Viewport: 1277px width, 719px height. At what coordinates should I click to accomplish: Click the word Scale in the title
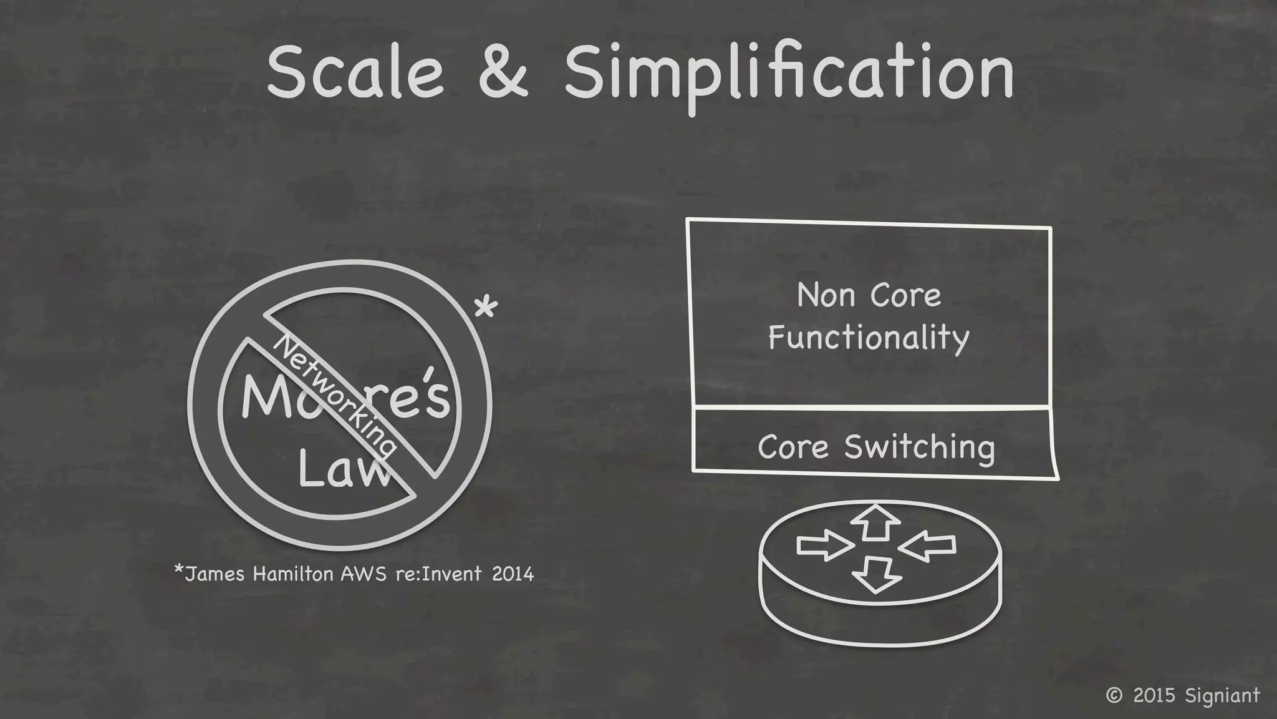point(355,74)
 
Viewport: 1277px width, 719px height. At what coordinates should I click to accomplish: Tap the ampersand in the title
point(503,74)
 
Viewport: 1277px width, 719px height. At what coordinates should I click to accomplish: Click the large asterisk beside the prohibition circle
point(486,308)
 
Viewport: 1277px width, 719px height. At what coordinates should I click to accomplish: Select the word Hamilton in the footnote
point(293,574)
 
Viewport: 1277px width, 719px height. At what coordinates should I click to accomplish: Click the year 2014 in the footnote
point(513,574)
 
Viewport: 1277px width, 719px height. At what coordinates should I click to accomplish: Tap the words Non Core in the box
point(869,295)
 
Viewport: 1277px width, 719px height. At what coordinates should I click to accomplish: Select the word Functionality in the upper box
point(869,338)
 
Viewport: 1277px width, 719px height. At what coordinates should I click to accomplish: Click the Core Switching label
point(876,448)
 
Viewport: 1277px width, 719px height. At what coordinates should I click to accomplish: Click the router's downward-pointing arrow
point(876,574)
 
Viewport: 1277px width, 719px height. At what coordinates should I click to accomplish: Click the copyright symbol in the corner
point(1114,695)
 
